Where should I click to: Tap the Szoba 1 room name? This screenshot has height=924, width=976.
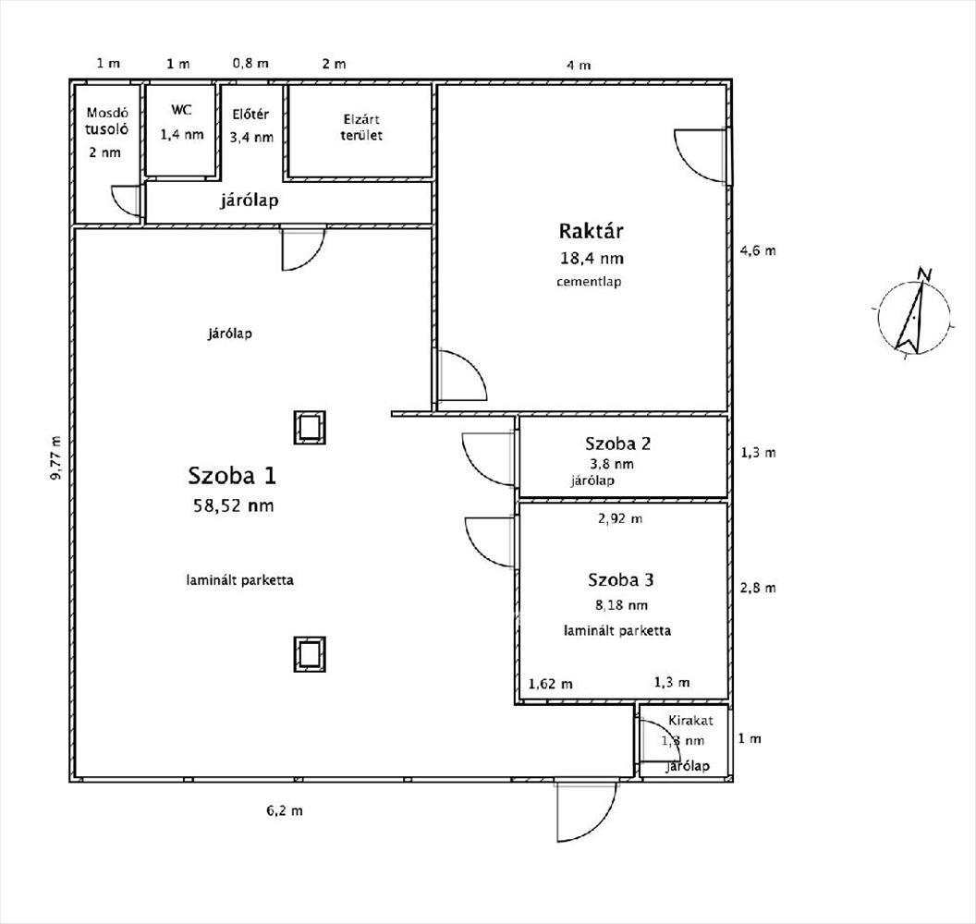click(x=231, y=476)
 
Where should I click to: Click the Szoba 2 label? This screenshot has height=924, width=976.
click(x=618, y=444)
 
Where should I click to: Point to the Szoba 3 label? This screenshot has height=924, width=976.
click(x=621, y=580)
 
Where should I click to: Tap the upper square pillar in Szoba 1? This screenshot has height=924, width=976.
click(x=310, y=427)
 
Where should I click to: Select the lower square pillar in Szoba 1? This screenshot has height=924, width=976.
click(x=310, y=653)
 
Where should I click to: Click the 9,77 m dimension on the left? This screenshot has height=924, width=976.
click(x=57, y=457)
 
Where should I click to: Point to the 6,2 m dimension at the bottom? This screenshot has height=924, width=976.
click(x=285, y=810)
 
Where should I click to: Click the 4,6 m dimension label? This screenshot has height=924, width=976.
click(x=758, y=250)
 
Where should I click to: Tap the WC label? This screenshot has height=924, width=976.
click(x=181, y=110)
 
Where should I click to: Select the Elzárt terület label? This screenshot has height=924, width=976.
click(x=360, y=127)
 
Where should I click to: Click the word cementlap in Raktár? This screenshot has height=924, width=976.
click(x=589, y=281)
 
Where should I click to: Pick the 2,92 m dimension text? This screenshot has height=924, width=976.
click(x=620, y=518)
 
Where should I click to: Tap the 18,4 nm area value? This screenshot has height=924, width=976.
click(x=585, y=259)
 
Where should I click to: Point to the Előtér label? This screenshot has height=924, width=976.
click(x=250, y=115)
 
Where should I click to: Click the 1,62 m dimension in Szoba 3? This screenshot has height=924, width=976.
click(x=550, y=684)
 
